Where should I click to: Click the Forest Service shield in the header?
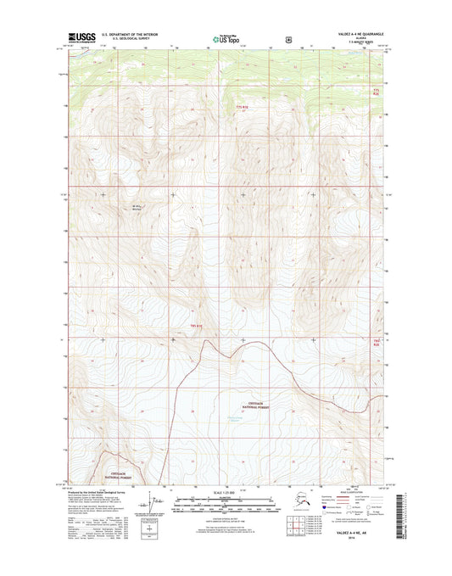[x=290, y=38]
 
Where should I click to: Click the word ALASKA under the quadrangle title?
[x=359, y=39]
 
